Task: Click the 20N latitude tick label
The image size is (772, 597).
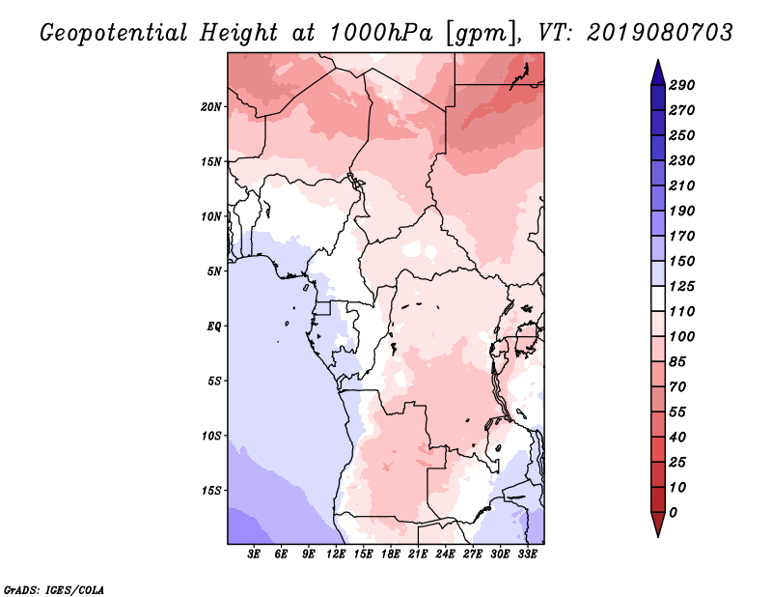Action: (211, 107)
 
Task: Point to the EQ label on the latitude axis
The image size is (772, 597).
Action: (214, 327)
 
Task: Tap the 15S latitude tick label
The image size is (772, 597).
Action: (211, 491)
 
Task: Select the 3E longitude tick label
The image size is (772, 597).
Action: (254, 554)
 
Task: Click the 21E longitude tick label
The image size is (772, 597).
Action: (418, 554)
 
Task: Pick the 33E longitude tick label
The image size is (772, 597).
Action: (527, 554)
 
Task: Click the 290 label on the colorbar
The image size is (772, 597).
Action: (682, 85)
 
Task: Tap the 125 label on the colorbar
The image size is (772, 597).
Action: (682, 286)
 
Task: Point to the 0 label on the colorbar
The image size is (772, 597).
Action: (673, 513)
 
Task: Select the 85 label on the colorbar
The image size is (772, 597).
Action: (677, 362)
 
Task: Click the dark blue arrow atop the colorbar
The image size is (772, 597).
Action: (658, 72)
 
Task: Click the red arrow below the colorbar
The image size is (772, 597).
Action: (658, 525)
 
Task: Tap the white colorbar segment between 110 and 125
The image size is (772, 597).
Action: (658, 298)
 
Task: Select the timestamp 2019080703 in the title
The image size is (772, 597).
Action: (660, 33)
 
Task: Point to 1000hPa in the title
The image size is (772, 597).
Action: (381, 33)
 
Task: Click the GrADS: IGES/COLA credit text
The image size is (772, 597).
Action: (54, 590)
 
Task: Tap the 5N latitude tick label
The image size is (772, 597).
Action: (214, 271)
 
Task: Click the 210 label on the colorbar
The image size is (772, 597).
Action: (682, 185)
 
